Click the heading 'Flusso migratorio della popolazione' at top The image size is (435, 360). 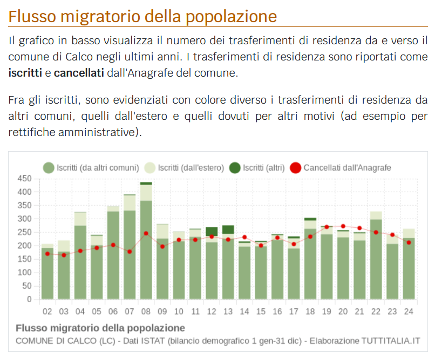142,16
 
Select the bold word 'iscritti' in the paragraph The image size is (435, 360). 24,72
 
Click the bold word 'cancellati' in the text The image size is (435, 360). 79,72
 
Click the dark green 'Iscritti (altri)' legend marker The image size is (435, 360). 235,168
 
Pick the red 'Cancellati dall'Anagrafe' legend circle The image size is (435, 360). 296,168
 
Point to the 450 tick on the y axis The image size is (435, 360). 25,179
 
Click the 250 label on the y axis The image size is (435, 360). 25,232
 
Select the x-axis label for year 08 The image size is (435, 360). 146,311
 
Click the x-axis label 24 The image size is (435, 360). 409,311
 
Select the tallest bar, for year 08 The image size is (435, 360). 146,248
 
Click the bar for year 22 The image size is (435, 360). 376,259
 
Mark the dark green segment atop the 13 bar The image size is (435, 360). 228,229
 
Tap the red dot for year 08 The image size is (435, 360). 146,233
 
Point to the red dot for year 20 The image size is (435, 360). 343,226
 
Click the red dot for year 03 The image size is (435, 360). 64,255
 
